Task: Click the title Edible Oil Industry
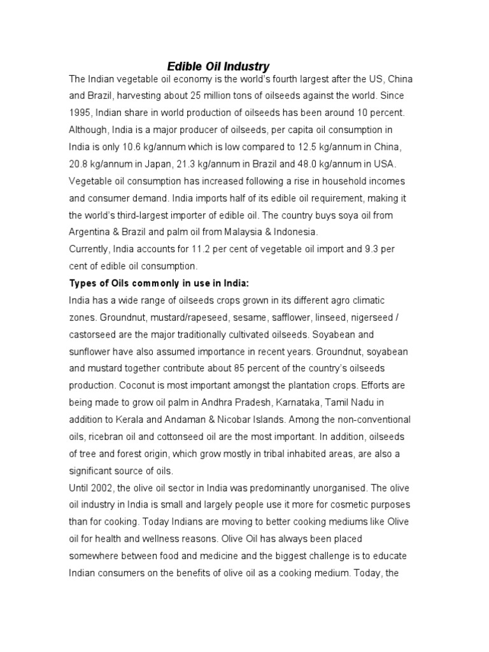tap(218, 66)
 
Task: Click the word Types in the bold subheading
tap(83, 283)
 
